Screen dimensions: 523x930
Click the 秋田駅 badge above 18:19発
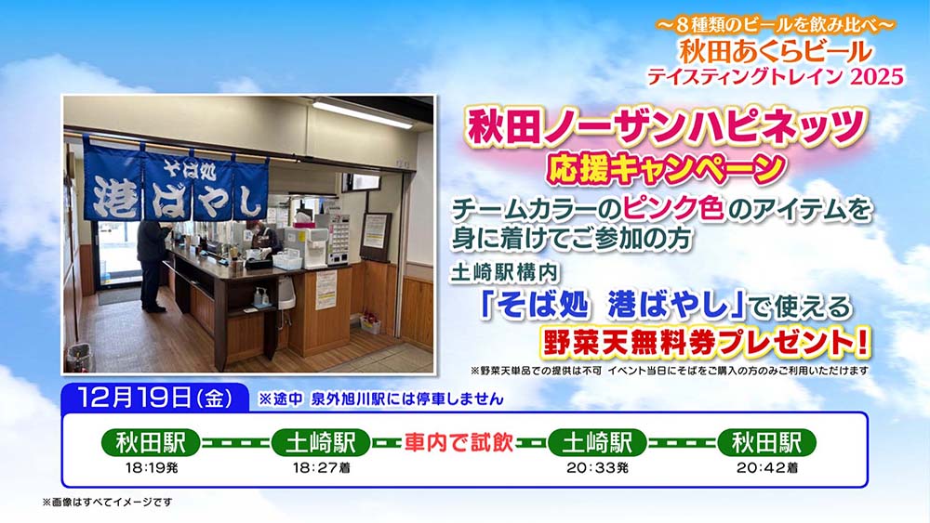pyautogui.click(x=151, y=442)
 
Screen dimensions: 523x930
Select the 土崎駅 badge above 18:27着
pyautogui.click(x=320, y=442)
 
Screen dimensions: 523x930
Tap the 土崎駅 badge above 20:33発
pyautogui.click(x=596, y=442)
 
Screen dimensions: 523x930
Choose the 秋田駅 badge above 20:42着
pyautogui.click(x=766, y=442)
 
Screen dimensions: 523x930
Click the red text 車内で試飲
pyautogui.click(x=458, y=442)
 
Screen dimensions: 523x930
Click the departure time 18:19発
pyautogui.click(x=150, y=468)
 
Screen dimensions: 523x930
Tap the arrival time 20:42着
pyautogui.click(x=766, y=468)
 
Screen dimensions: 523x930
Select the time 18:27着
pyautogui.click(x=320, y=468)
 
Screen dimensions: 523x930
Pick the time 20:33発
pyautogui.click(x=597, y=468)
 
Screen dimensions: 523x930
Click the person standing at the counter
pyautogui.click(x=153, y=261)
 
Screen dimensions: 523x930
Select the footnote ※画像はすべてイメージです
pyautogui.click(x=107, y=502)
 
